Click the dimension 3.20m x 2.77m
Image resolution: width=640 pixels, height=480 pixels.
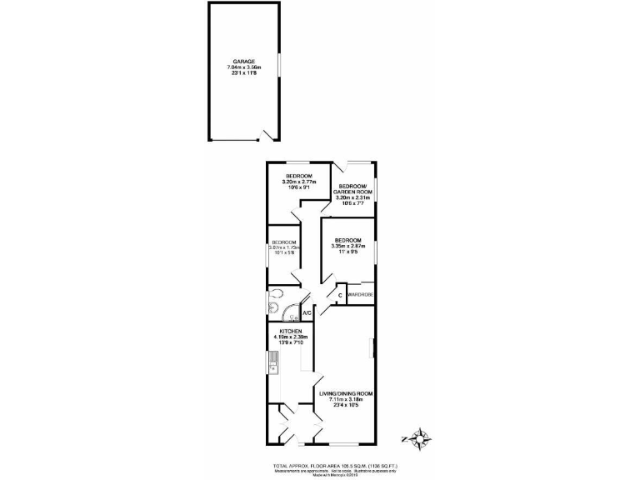tap(298, 182)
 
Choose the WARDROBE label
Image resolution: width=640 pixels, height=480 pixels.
tap(360, 294)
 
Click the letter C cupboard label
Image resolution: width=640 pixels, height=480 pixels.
tap(340, 294)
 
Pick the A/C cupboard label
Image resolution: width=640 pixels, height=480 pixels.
tap(307, 312)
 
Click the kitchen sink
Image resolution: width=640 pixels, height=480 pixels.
tap(272, 362)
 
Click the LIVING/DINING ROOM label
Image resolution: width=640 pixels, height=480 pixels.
tap(346, 392)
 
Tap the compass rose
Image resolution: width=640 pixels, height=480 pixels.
tap(420, 437)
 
